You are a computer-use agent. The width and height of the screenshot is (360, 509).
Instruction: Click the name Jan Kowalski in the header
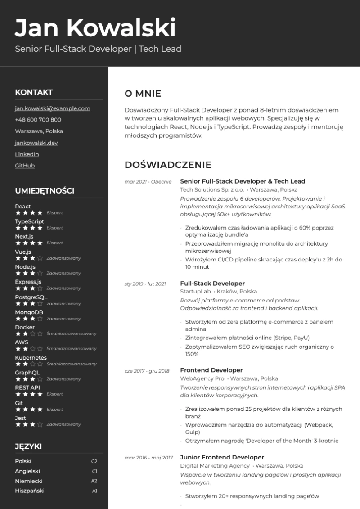[x=95, y=28]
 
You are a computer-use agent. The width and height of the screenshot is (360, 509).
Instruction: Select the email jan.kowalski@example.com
[x=52, y=108]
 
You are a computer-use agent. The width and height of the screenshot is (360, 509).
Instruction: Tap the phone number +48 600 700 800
[x=38, y=120]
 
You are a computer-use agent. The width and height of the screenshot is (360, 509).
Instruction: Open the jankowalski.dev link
[x=36, y=143]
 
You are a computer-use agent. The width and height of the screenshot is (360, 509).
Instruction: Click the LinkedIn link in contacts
[x=27, y=154]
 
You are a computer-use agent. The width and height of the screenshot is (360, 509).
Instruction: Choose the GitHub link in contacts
[x=25, y=166]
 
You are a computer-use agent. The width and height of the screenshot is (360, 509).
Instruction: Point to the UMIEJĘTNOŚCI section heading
[x=45, y=191]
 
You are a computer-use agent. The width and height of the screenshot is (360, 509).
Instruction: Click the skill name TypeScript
[x=29, y=221]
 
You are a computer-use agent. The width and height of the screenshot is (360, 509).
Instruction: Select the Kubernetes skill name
[x=31, y=358]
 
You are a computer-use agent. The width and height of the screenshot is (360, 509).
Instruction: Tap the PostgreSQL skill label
[x=31, y=297]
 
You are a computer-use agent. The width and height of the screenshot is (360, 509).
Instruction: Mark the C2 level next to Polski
[x=94, y=461]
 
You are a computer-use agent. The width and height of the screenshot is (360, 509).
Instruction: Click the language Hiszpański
[x=30, y=491]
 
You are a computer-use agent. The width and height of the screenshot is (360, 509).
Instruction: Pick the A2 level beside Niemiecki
[x=94, y=481]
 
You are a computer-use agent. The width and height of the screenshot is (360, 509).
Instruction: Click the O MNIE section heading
[x=143, y=94]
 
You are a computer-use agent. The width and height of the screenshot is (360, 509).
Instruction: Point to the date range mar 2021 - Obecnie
[x=148, y=182]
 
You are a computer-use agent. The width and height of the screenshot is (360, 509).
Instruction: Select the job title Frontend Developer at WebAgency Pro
[x=211, y=370]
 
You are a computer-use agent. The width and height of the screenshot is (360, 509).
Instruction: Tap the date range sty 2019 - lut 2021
[x=145, y=284]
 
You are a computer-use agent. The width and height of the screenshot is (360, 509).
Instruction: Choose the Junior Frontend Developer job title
[x=222, y=458]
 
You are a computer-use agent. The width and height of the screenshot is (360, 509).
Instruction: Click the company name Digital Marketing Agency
[x=215, y=466]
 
